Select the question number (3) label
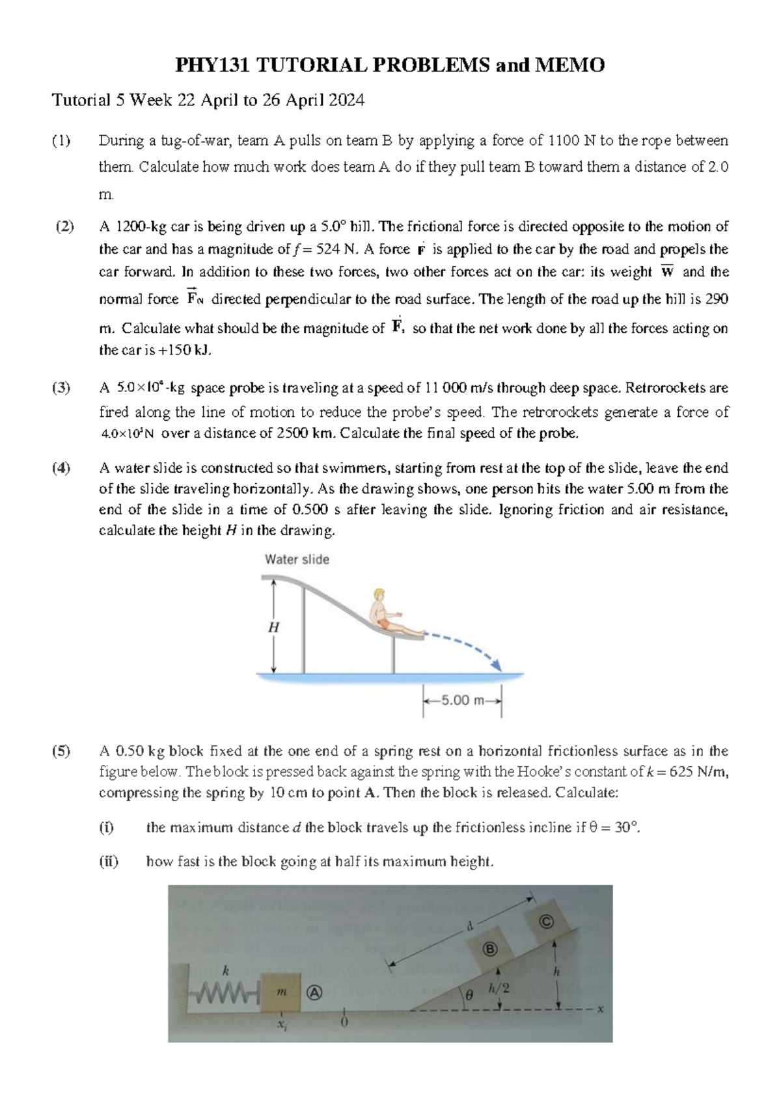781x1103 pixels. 62,388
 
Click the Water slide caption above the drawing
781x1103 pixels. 297,559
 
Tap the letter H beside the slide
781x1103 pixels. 273,628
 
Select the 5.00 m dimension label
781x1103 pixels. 463,701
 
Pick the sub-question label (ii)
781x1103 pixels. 109,862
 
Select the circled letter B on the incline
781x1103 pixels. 489,949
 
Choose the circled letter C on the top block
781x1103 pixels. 545,922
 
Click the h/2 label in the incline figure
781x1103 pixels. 499,989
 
